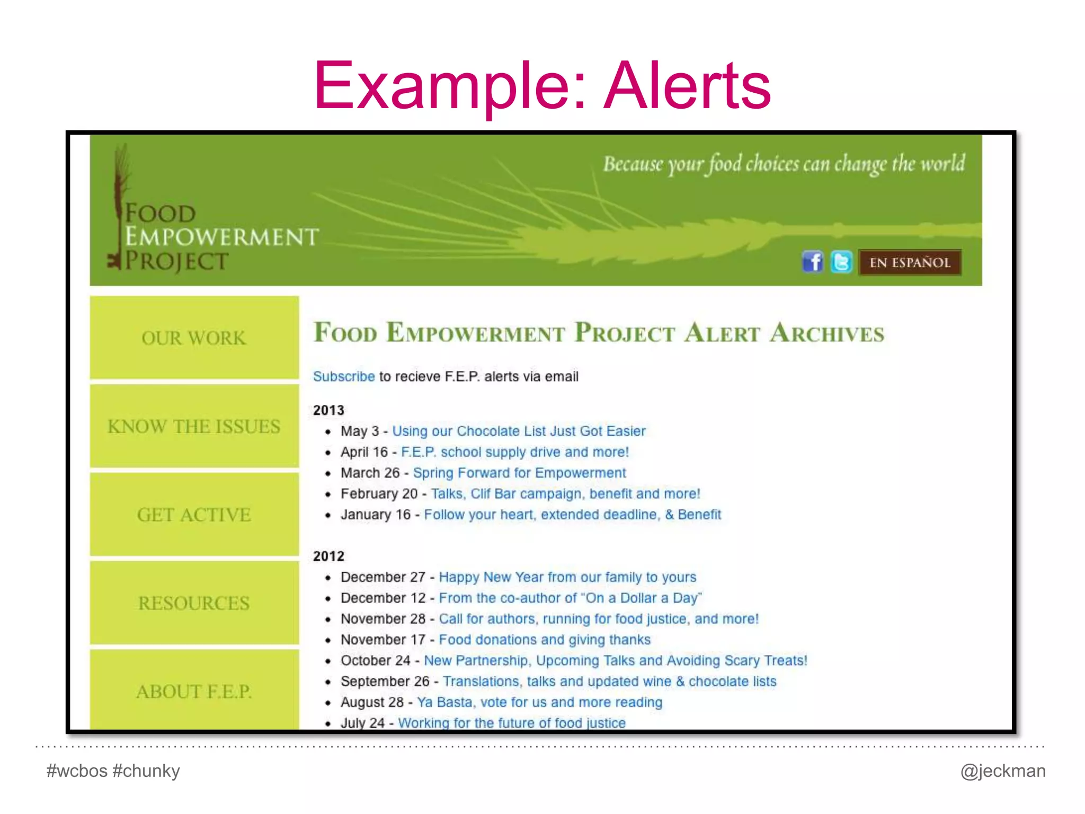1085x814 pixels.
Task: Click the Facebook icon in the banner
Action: coord(812,262)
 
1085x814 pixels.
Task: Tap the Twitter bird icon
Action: coord(841,262)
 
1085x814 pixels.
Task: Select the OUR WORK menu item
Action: coord(194,338)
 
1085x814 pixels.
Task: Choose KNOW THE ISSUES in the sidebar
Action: coord(194,427)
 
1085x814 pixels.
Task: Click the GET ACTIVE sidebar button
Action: coord(194,515)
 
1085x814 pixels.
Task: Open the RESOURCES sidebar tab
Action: coord(194,603)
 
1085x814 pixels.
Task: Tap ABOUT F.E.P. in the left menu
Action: coord(194,691)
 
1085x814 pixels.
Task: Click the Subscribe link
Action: coord(344,376)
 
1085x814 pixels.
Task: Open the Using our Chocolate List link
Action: coord(519,431)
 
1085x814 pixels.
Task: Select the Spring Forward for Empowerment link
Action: coord(519,473)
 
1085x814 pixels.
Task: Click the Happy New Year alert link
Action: coord(567,577)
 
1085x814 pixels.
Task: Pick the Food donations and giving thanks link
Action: coord(545,640)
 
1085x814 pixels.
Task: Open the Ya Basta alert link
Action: coord(539,702)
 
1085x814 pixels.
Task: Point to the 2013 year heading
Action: coord(328,410)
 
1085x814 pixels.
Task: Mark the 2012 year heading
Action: coord(328,556)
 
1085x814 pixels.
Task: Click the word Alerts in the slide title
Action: coord(687,86)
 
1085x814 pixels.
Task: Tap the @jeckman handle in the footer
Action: coord(1003,771)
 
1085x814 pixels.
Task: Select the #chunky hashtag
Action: coord(146,771)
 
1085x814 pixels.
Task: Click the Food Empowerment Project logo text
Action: coord(221,237)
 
